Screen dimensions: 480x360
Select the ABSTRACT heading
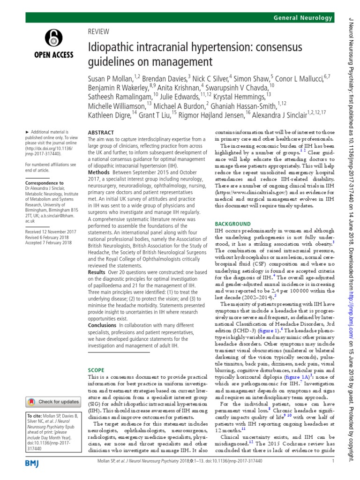(x=101, y=133)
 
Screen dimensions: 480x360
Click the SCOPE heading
(x=96, y=356)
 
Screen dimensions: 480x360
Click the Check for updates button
(x=53, y=402)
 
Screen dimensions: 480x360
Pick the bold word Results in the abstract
(x=98, y=272)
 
